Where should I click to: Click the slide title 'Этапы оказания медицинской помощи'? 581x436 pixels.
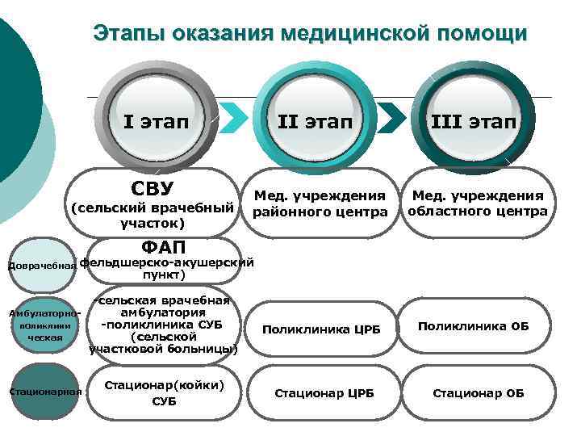pyautogui.click(x=310, y=33)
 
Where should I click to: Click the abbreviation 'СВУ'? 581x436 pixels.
pyautogui.click(x=153, y=188)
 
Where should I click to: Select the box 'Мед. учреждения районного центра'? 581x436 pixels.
pyautogui.click(x=320, y=204)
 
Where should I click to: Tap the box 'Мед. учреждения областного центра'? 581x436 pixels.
pyautogui.click(x=478, y=203)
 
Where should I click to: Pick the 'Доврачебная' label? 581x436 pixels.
pyautogui.click(x=40, y=265)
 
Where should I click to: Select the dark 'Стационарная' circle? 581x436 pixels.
pyautogui.click(x=45, y=392)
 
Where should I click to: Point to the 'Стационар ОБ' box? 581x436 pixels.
pyautogui.click(x=479, y=393)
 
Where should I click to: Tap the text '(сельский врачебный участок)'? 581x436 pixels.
pyautogui.click(x=153, y=214)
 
